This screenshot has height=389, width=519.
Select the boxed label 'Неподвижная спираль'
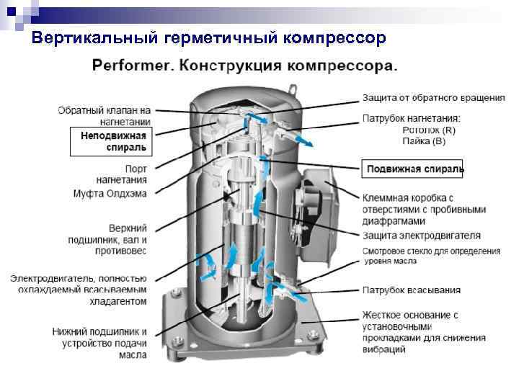(x=113, y=142)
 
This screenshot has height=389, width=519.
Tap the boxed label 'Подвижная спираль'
(x=414, y=169)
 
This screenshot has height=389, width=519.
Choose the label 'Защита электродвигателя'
(x=421, y=236)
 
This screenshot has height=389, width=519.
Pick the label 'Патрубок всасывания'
(x=411, y=290)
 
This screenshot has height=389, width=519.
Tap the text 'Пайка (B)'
(x=425, y=141)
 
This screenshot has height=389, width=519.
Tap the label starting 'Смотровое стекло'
(x=430, y=256)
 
